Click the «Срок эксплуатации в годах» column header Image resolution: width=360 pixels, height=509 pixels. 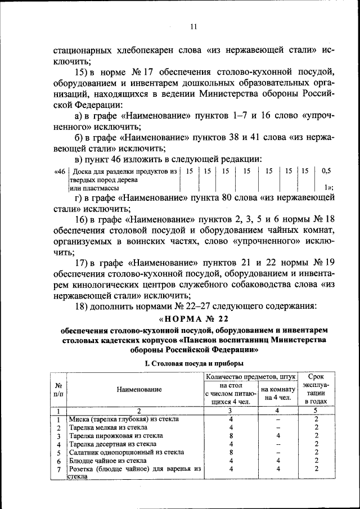coord(317,389)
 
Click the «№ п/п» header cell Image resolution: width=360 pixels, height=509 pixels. coord(58,389)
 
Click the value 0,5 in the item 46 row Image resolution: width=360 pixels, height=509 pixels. coord(326,170)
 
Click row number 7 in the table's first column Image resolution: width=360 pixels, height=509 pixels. coord(58,469)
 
